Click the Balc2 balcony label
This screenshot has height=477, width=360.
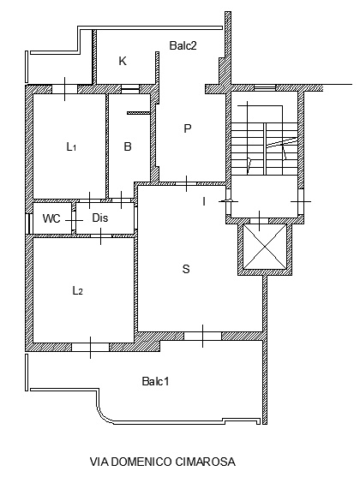coord(183,45)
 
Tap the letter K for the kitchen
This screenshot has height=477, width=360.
coord(122,61)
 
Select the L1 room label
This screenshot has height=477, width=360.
coord(71,147)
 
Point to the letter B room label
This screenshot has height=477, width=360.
coord(128,146)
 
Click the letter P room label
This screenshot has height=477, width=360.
coord(188,128)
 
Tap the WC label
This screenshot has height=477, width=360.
coord(51,218)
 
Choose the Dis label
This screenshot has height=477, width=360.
coord(100,218)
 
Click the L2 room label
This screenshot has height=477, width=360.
coord(78,290)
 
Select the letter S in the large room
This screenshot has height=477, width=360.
coord(186,269)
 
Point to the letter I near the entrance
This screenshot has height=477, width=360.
coord(204,201)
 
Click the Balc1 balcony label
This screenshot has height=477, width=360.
coord(155,381)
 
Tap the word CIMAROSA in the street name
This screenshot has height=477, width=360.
coord(205,462)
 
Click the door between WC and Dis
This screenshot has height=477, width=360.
coord(74,220)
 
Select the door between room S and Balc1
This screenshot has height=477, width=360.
coord(203,336)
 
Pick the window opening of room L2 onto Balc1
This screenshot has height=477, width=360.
coord(90,347)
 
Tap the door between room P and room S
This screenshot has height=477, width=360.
coord(186,184)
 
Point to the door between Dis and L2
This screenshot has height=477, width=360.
coord(101,236)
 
